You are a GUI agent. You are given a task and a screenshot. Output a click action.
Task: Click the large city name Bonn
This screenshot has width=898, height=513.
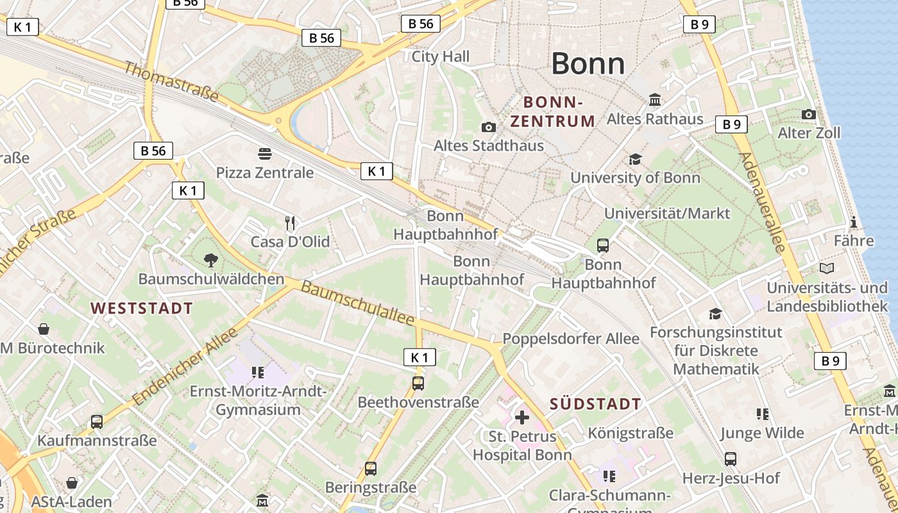(x=588, y=63)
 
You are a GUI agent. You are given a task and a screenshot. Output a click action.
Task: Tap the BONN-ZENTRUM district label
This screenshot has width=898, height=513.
(x=553, y=111)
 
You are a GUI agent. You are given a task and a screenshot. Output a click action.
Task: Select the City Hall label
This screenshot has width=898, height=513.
(x=441, y=56)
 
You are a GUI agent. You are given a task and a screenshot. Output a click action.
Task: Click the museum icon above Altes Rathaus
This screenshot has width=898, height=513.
(x=655, y=100)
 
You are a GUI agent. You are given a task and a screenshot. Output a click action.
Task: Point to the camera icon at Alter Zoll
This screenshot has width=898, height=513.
(x=809, y=114)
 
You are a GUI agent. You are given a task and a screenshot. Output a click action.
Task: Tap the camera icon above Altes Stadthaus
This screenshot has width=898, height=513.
(x=489, y=127)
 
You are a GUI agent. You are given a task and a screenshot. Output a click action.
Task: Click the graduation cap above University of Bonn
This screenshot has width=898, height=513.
(x=635, y=159)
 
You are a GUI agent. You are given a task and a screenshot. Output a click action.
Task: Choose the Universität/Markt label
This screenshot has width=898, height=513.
(x=667, y=213)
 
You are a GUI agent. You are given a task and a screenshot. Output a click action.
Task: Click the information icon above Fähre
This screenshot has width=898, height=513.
(x=854, y=223)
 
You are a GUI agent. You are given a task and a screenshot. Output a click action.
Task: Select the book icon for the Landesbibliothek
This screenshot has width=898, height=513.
(x=827, y=269)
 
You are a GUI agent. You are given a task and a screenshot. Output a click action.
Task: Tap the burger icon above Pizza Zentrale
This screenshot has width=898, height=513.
(x=265, y=153)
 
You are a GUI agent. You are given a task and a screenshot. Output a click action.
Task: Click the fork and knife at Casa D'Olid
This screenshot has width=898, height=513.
(x=290, y=223)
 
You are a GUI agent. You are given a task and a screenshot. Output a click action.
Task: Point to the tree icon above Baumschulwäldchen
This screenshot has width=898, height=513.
(x=210, y=260)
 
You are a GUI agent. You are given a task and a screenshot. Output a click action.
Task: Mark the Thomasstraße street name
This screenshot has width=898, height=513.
(x=171, y=81)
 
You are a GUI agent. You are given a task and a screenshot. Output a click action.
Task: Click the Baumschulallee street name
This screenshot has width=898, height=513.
(x=357, y=303)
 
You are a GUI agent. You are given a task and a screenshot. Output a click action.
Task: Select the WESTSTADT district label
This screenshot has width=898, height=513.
(x=142, y=308)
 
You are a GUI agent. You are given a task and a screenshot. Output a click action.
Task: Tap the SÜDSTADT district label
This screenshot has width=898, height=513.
(x=595, y=403)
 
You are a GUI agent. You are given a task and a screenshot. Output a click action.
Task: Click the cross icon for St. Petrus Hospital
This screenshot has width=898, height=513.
(x=522, y=417)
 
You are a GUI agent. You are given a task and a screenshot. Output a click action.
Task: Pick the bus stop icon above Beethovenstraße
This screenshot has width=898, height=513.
(x=418, y=383)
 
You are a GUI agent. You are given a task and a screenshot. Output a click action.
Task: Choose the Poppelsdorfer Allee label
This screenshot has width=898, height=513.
(x=571, y=339)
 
